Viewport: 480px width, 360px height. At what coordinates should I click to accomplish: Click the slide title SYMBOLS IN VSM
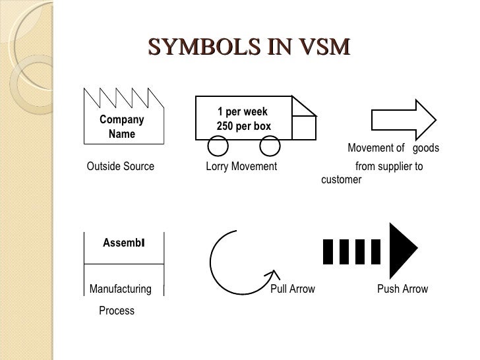[249, 48]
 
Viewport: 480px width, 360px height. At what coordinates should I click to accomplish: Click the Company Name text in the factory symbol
[121, 127]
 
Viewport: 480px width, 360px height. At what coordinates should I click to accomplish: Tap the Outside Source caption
[120, 166]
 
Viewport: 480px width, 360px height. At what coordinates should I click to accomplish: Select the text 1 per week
[243, 112]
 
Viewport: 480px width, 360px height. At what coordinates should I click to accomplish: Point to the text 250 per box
[243, 126]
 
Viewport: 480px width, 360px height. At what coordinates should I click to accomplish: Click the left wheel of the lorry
[218, 146]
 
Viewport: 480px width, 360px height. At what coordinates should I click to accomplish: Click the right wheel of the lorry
[268, 146]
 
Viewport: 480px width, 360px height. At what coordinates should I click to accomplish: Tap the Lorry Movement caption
[241, 166]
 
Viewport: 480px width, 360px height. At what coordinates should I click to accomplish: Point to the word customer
[341, 179]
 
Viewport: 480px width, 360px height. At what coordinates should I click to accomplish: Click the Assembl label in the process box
[123, 243]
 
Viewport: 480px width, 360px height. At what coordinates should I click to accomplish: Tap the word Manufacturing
[120, 289]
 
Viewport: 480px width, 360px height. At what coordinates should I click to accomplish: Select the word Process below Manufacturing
[117, 311]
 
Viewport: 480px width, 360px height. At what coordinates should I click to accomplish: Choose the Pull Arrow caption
[293, 289]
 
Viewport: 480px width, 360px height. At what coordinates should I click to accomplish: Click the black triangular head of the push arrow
[402, 251]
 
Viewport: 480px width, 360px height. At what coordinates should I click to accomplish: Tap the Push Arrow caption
[402, 289]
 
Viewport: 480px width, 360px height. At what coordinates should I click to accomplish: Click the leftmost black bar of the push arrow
[328, 251]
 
